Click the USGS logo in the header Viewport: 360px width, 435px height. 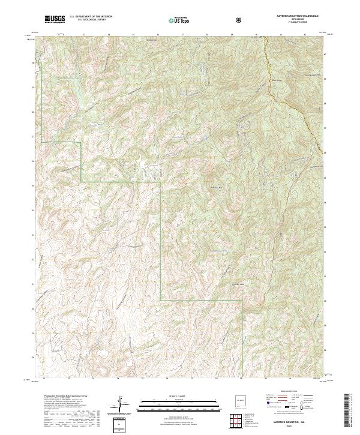[x=55, y=20]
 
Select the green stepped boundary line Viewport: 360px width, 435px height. [x=120, y=181]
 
